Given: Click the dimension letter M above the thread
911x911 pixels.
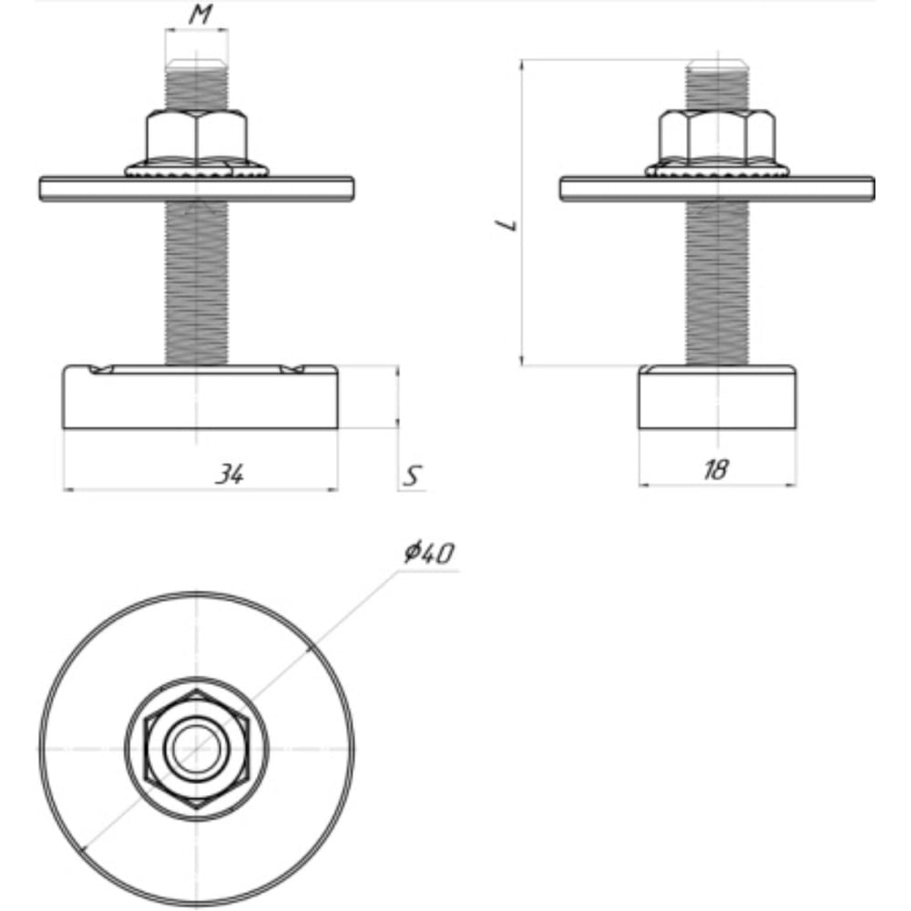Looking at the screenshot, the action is coord(200,14).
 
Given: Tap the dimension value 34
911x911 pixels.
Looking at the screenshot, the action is coord(230,474).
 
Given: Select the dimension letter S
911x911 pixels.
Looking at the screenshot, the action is coord(413,476).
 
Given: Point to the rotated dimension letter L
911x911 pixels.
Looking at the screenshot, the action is coord(507,224).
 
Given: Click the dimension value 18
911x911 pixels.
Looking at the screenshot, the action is coord(715,469).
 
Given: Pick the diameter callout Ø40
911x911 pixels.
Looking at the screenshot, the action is coord(429,553).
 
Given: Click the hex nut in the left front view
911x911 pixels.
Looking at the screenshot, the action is coord(197,138).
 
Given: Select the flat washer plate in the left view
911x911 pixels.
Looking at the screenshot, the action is coord(197,189).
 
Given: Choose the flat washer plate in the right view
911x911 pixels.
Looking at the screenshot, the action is coord(717,189).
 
